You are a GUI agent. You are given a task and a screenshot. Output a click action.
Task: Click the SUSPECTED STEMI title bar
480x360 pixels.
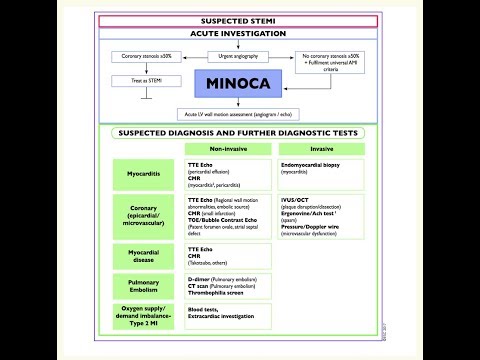pos(239,20)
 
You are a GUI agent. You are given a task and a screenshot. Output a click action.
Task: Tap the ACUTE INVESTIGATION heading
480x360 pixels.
pos(239,33)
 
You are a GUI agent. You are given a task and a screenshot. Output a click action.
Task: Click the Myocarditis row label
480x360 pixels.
pos(142,171)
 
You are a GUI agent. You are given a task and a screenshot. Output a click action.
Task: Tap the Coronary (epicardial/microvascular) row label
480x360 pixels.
pos(142,213)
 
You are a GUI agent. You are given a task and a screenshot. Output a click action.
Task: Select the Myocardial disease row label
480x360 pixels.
pos(142,256)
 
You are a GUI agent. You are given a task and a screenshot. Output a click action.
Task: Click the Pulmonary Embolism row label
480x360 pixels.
pos(142,289)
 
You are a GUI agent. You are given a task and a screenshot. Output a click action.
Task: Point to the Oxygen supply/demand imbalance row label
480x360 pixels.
pos(142,319)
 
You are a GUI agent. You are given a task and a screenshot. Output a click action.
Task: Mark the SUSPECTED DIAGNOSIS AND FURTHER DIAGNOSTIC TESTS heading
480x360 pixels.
pos(239,132)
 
